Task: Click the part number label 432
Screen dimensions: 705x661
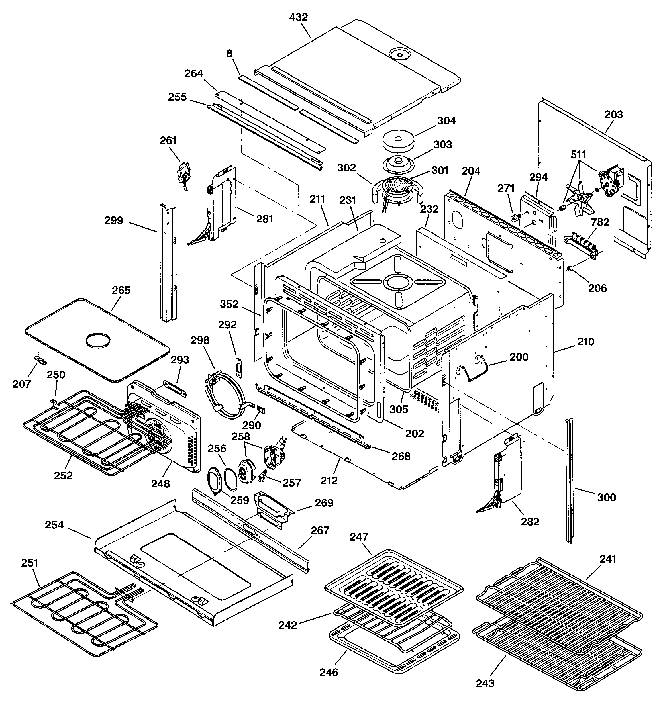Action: pyautogui.click(x=298, y=17)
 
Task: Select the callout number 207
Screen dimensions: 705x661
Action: pyautogui.click(x=22, y=384)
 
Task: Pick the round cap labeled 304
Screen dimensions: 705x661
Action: pyautogui.click(x=398, y=140)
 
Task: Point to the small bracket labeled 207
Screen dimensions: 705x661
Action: pyautogui.click(x=40, y=361)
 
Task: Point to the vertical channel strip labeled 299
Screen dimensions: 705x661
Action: pyautogui.click(x=168, y=262)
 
